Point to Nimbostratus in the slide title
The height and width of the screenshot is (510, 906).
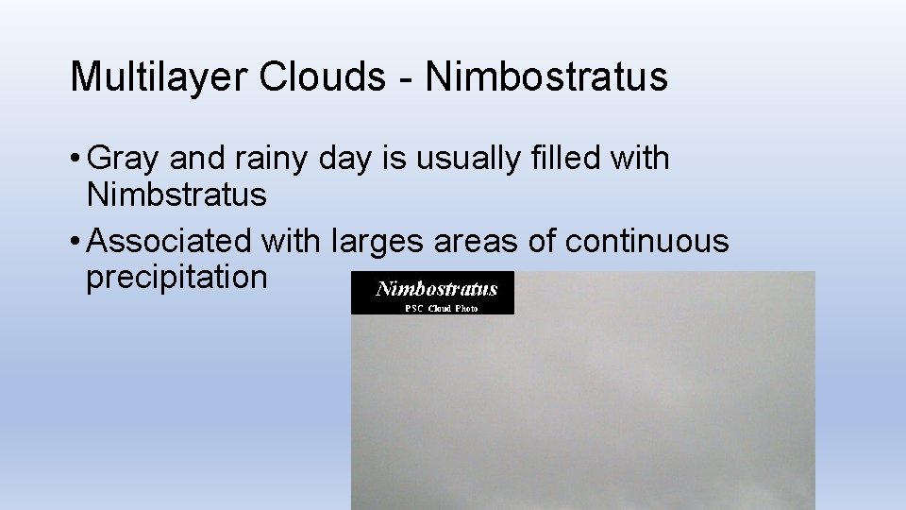point(546,77)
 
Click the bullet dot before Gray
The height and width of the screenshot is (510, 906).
point(75,160)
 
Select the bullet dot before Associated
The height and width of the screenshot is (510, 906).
point(75,243)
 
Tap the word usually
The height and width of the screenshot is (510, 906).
point(446,160)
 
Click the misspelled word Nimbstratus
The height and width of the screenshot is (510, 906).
point(176,195)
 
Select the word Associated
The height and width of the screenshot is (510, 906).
point(169,241)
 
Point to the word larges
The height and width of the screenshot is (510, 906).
point(377,243)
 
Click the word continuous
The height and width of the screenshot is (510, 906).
point(646,241)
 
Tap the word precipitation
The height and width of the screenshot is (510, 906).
point(176,279)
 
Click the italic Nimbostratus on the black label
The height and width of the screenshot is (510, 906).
point(436,288)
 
